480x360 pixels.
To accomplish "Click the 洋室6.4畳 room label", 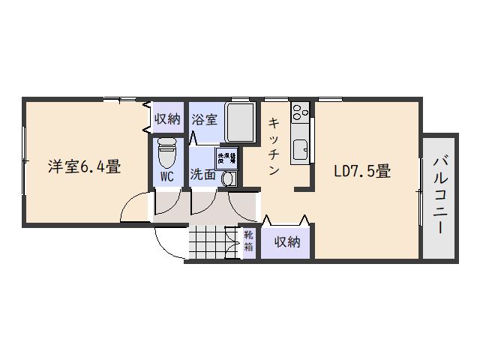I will pyautogui.click(x=85, y=167).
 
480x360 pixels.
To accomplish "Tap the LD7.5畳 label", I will pyautogui.click(x=361, y=171).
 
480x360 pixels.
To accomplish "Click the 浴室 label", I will pyautogui.click(x=204, y=118).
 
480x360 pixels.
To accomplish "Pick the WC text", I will pyautogui.click(x=167, y=177).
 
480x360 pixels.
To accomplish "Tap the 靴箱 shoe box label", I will pyautogui.click(x=249, y=241).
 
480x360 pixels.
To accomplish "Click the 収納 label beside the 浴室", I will pyautogui.click(x=167, y=118).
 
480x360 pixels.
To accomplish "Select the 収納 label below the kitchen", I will pyautogui.click(x=286, y=241).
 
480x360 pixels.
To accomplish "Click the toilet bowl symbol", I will pyautogui.click(x=166, y=154).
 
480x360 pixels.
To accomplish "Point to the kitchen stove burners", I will pyautogui.click(x=300, y=112).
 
